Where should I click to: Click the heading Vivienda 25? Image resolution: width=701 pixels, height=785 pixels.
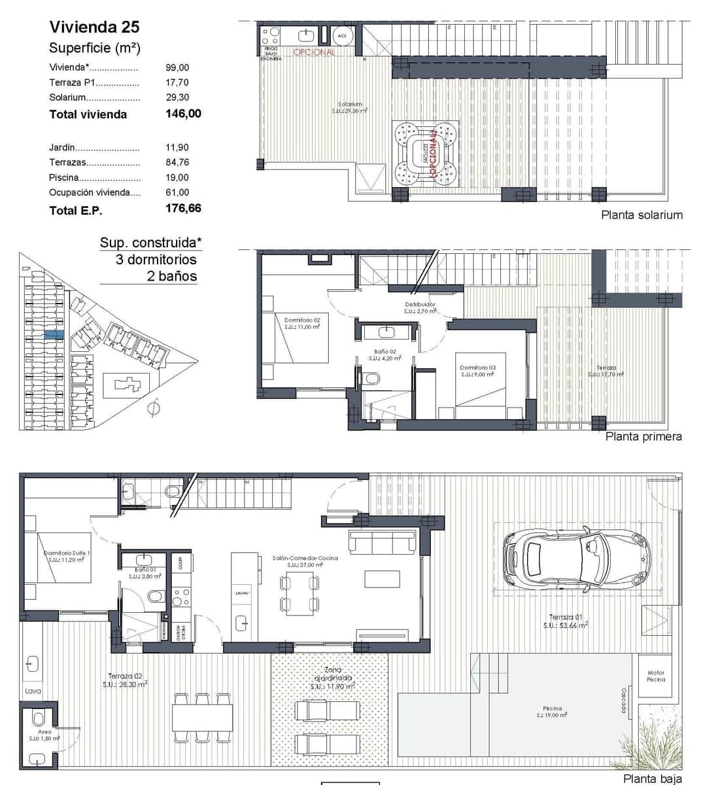point(94,27)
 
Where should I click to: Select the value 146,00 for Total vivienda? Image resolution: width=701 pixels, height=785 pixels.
point(183,114)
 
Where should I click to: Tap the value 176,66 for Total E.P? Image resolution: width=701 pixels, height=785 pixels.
point(183,209)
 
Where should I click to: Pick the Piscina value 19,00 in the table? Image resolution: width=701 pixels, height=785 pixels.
point(177,177)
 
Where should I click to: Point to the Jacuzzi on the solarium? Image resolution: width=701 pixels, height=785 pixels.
point(426,155)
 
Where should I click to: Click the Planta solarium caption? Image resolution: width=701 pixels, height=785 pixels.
point(641,215)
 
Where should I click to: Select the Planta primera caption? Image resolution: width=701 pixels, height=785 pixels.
point(643,436)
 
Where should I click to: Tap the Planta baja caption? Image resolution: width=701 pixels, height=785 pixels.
point(652,778)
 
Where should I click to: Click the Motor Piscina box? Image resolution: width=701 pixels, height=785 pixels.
point(655,676)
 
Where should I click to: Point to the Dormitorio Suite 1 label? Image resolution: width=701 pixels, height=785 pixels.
point(67,556)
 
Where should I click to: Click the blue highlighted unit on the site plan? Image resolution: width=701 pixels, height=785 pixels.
point(54,334)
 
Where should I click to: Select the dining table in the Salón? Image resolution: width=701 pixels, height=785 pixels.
point(299,593)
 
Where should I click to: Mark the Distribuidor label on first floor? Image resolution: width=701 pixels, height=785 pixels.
point(420,307)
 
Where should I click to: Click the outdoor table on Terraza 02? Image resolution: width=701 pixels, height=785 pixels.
point(203,718)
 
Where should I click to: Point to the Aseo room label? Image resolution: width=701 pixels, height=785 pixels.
point(44,735)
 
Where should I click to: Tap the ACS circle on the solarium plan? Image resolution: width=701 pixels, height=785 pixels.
point(342,35)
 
